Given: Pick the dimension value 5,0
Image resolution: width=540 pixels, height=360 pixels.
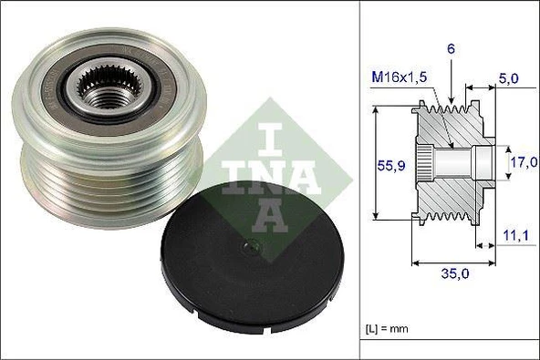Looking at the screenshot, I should point(509,79).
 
